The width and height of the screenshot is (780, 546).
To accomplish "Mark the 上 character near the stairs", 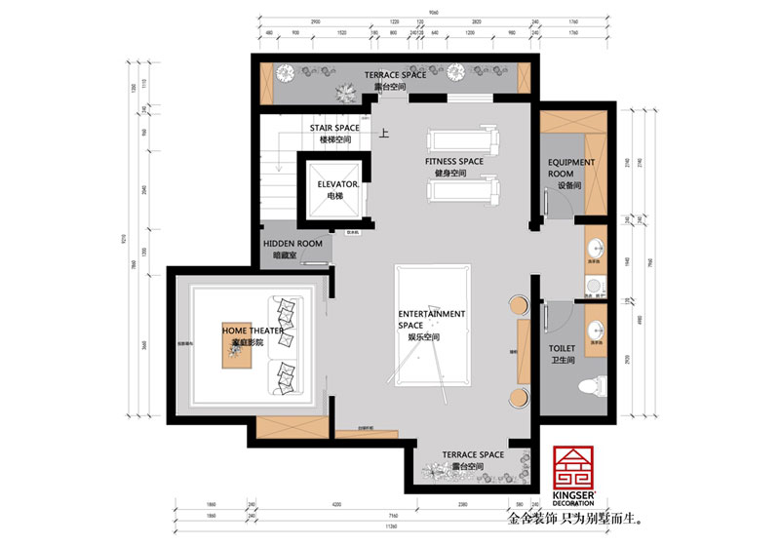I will coord(383,136).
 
